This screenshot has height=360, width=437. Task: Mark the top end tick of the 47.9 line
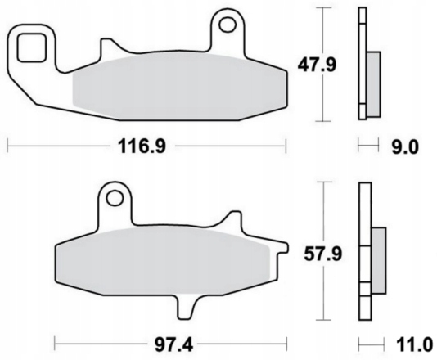click(327, 7)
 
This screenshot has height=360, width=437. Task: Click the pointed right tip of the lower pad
click(288, 245)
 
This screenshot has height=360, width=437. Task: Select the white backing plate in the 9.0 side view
click(362, 61)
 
